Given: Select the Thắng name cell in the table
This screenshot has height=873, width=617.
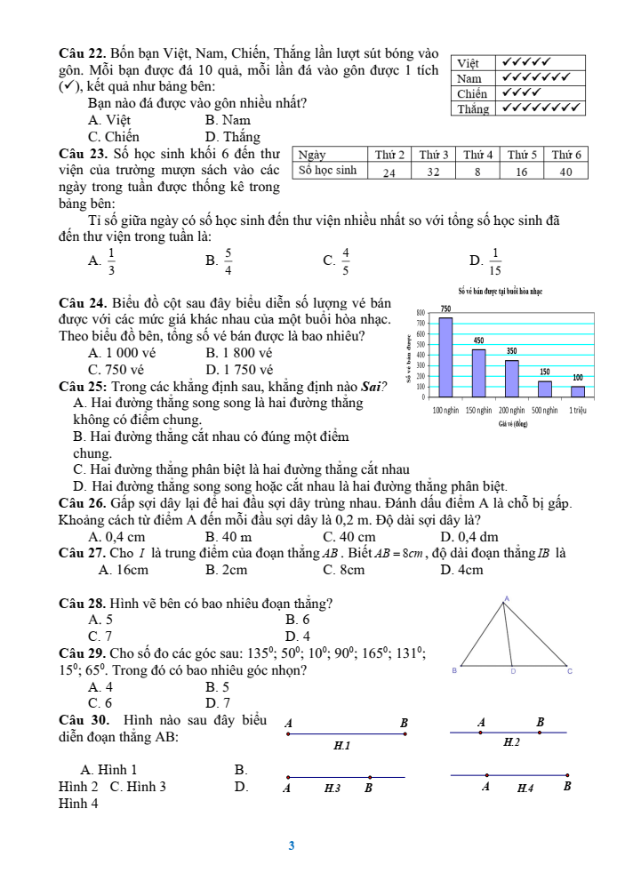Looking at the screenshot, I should click(473, 108).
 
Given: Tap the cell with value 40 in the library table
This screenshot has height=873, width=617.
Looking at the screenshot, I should click(566, 172).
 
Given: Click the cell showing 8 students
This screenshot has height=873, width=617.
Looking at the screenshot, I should click(477, 172).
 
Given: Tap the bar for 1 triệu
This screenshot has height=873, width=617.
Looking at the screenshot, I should click(578, 391).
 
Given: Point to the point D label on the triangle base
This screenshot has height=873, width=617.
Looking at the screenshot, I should click(513, 672).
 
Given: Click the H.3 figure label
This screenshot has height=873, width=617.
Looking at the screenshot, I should click(333, 787).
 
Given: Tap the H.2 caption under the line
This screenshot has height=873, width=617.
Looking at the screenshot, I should click(510, 741).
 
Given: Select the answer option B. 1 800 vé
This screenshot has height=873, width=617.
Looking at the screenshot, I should click(238, 352).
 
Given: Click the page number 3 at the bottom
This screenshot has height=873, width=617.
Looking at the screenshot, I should click(291, 845).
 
